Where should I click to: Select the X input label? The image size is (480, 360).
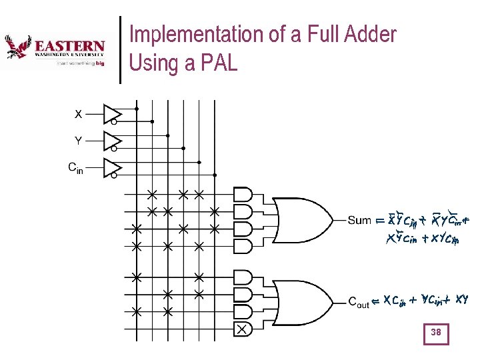(x=78, y=114)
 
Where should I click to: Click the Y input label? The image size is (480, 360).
(x=78, y=141)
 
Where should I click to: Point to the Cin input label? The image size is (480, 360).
(x=76, y=167)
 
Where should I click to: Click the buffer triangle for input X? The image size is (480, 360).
(x=111, y=113)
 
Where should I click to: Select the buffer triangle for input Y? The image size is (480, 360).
(x=111, y=141)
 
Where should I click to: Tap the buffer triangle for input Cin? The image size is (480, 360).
(x=111, y=167)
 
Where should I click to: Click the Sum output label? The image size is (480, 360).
(x=359, y=220)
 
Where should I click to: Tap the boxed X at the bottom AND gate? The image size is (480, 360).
(x=242, y=329)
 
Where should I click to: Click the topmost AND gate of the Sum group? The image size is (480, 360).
(x=243, y=195)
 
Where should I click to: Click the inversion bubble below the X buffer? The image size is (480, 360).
(x=114, y=123)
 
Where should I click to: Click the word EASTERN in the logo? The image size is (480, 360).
(x=69, y=47)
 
